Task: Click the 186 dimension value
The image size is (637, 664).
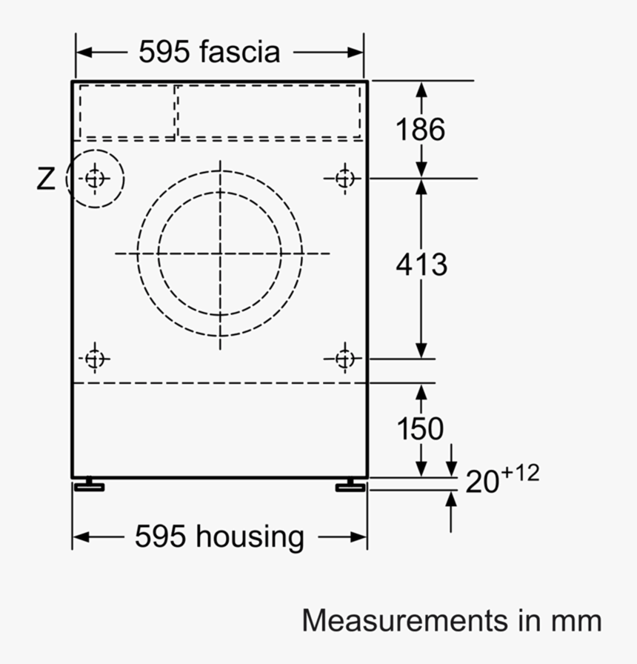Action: [x=420, y=130]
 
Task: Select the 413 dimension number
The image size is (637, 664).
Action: [x=421, y=265]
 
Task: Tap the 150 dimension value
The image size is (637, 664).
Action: [x=420, y=429]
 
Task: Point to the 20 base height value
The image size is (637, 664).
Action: [x=482, y=482]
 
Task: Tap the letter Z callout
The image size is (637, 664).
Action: [x=46, y=179]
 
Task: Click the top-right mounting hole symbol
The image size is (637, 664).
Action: [x=344, y=178]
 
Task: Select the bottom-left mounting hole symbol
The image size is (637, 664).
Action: [x=94, y=359]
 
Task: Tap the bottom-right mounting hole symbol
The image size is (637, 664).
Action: [x=344, y=359]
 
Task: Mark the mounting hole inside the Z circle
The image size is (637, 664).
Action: [x=95, y=179]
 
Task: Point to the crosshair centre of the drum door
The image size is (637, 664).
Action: [x=220, y=253]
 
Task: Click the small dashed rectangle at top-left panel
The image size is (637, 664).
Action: [x=127, y=111]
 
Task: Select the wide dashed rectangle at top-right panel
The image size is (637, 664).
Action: [x=269, y=111]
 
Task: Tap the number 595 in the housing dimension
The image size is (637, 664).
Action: [x=161, y=537]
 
